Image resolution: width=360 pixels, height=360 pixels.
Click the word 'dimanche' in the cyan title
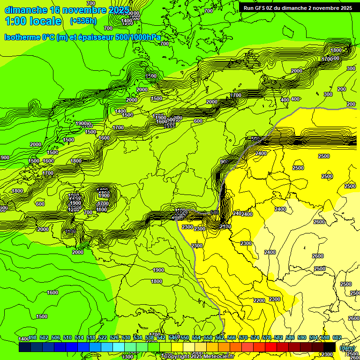point(26,10)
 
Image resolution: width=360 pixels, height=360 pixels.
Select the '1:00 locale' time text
point(33,21)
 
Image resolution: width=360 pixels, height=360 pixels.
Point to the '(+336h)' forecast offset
point(83,21)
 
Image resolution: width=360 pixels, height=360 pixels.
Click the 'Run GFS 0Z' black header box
point(298,7)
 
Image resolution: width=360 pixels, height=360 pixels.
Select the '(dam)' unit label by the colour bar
point(347,348)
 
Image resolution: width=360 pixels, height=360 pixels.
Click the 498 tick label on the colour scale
point(32,337)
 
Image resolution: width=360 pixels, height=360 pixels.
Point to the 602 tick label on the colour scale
point(337,337)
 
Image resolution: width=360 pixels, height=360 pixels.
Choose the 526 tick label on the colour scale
point(114,337)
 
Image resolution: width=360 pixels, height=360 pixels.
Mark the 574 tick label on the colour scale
point(255,337)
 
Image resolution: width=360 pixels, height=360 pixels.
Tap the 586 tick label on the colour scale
point(290,337)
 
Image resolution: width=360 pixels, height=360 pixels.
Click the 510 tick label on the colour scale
point(67,337)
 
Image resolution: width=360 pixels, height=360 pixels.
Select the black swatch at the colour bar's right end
point(330,347)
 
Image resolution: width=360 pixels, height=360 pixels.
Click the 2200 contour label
point(259,300)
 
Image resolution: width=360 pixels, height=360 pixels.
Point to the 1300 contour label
point(127,357)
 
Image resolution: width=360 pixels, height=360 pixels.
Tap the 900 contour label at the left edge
point(4,157)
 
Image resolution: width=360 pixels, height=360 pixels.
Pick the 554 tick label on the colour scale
point(196,337)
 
